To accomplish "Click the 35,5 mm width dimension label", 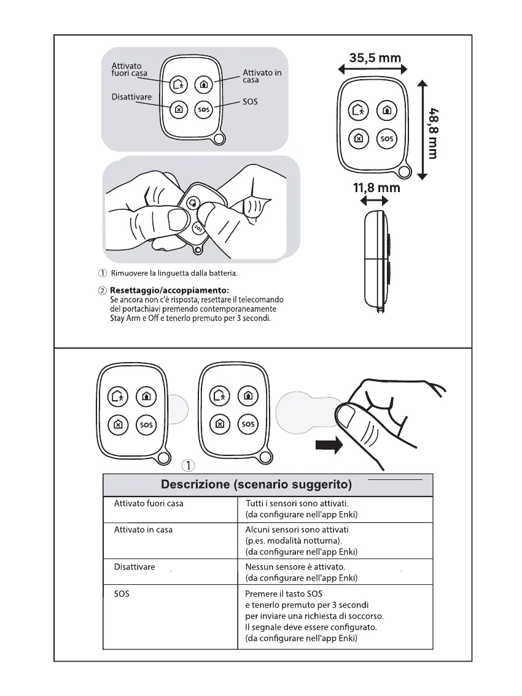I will coord(375,59).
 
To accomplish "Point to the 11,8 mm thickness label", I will coord(376,188).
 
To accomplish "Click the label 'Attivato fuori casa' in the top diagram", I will coord(129,70).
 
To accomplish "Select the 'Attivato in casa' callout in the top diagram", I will coord(262,76).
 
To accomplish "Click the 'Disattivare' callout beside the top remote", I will coord(131,97).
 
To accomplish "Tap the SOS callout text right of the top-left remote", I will coord(250,102).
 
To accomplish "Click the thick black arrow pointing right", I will coord(329,446).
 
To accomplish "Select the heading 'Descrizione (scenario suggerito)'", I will coord(256,485).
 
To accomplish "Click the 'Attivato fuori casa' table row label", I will coord(149,504).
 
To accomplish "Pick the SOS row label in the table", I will coord(122,594).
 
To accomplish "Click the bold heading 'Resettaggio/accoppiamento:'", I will coord(169,290).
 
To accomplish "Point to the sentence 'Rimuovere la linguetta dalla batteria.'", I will coord(173,273).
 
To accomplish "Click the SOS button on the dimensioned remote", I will coord(387,139).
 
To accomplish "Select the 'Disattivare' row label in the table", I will coord(134,567).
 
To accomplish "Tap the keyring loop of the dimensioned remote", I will coord(403,171).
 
